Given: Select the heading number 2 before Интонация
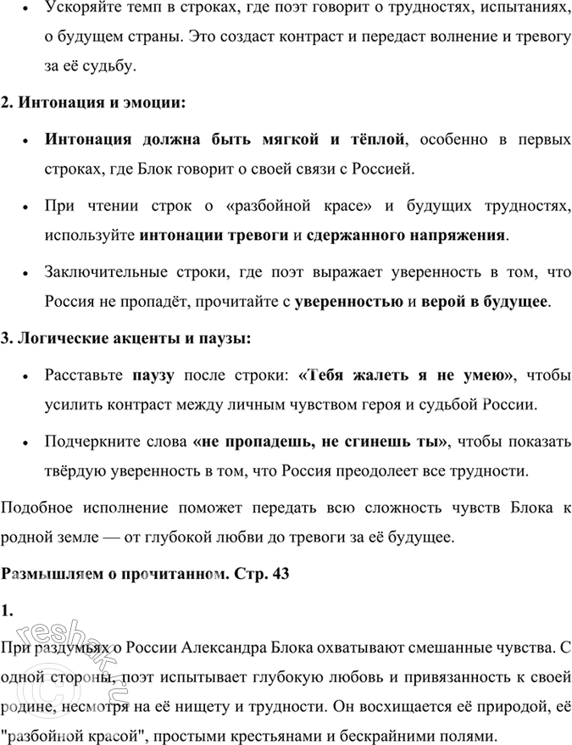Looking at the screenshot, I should (x=8, y=103).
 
